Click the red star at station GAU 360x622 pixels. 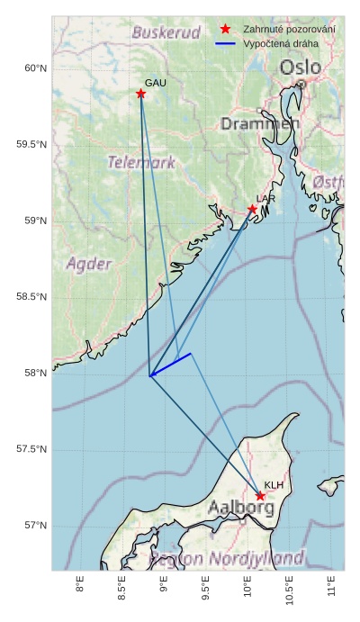click(141, 94)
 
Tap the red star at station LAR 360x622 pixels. click(253, 210)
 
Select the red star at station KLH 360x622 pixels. click(260, 496)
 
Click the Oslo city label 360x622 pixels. click(300, 68)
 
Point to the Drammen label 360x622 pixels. click(260, 123)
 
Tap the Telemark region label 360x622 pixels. click(141, 163)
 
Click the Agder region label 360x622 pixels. click(89, 264)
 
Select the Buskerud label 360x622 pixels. click(166, 32)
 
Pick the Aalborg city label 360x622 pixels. click(241, 508)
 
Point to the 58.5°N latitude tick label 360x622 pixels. click(31, 297)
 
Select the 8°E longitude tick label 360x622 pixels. click(80, 588)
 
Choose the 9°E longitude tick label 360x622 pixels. click(164, 588)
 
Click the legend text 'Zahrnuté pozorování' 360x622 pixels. click(290, 30)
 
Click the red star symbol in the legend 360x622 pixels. click(225, 29)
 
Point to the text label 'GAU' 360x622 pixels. click(156, 83)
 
